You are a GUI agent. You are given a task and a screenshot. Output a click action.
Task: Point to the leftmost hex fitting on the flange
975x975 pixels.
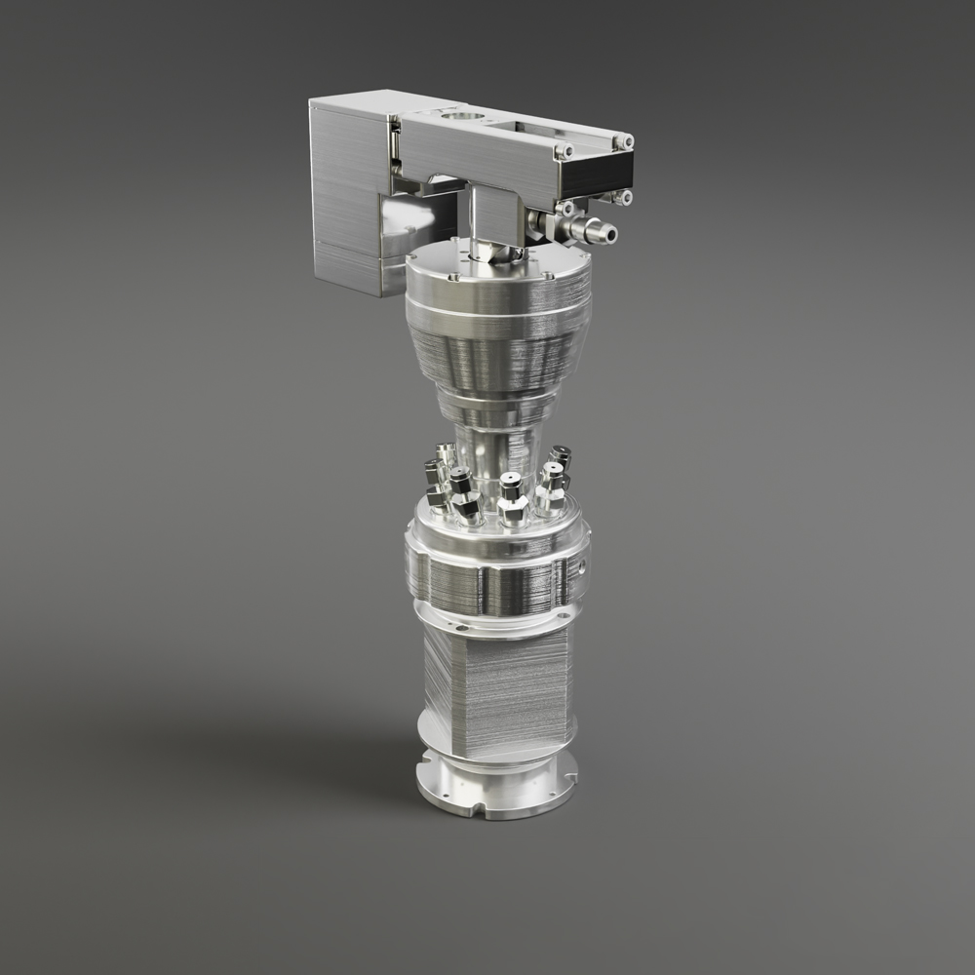(433, 478)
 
